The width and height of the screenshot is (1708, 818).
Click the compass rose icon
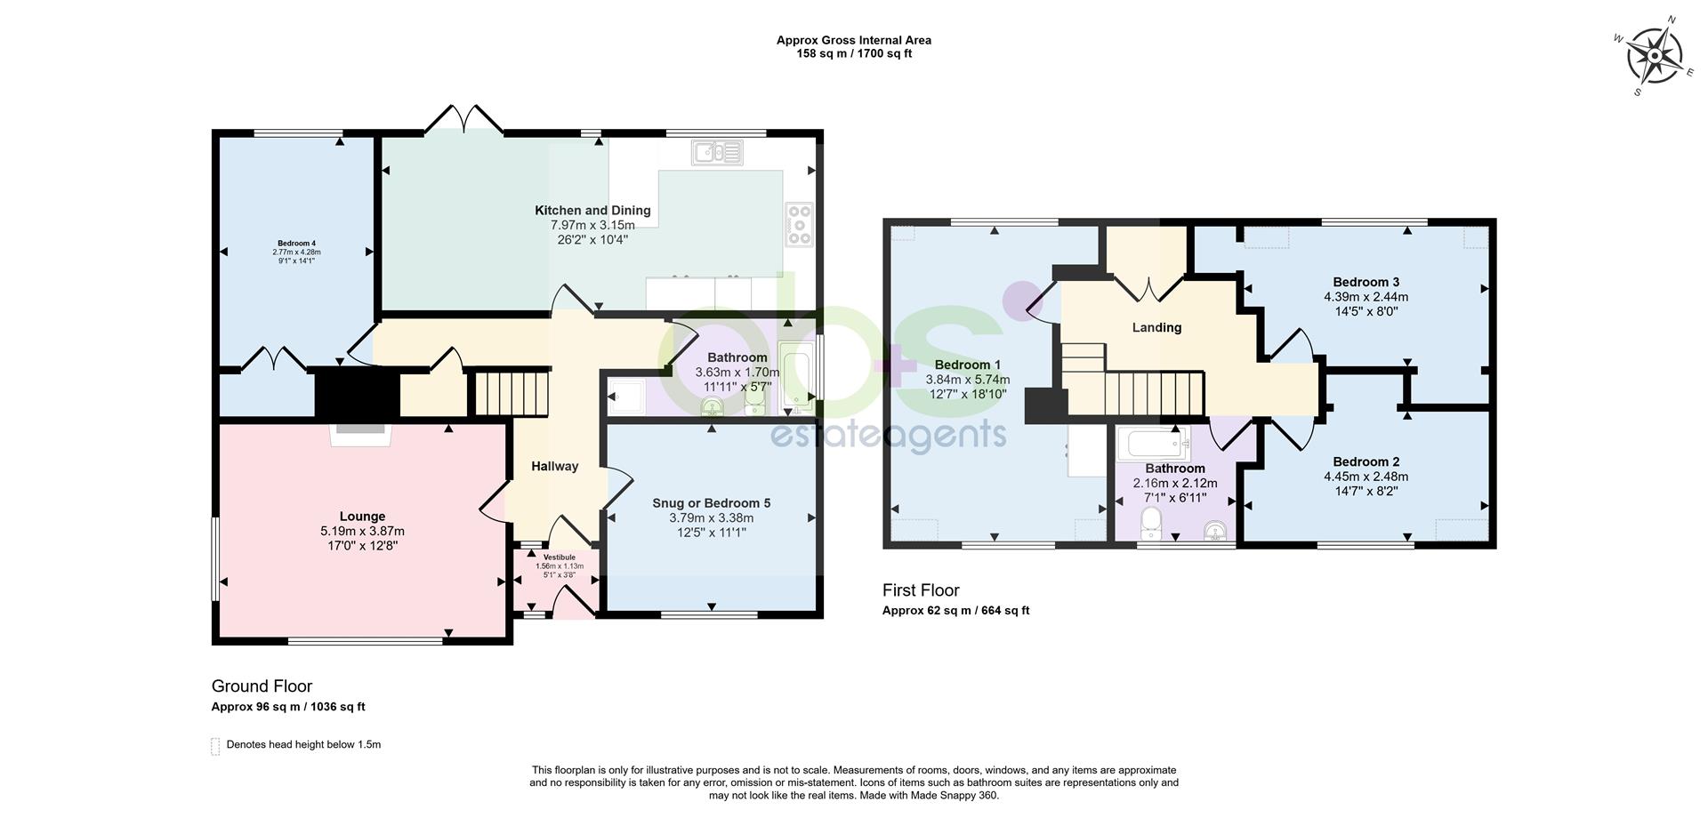click(x=1654, y=56)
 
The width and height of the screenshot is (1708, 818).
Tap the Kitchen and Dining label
click(x=592, y=211)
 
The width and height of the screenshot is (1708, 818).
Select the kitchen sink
click(x=716, y=153)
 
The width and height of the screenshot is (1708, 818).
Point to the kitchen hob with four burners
click(x=799, y=224)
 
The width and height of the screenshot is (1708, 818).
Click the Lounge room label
click(x=362, y=517)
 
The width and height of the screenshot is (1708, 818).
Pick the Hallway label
click(x=555, y=466)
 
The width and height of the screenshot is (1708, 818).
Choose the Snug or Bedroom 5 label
click(x=711, y=503)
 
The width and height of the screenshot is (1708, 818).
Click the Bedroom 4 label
click(x=296, y=244)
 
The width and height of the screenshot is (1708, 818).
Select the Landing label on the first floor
click(x=1156, y=328)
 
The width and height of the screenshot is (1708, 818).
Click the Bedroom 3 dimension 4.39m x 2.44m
click(x=1366, y=297)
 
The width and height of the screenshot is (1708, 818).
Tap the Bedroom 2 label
click(x=1366, y=461)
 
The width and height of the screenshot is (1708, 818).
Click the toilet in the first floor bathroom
click(x=1152, y=524)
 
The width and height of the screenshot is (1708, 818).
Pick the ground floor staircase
click(x=511, y=393)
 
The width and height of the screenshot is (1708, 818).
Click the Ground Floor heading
click(x=262, y=686)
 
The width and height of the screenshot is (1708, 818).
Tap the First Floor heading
click(x=921, y=590)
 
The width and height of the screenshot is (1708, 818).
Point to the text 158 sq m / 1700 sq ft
click(x=853, y=53)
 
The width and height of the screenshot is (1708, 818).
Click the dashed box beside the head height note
click(x=214, y=746)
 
